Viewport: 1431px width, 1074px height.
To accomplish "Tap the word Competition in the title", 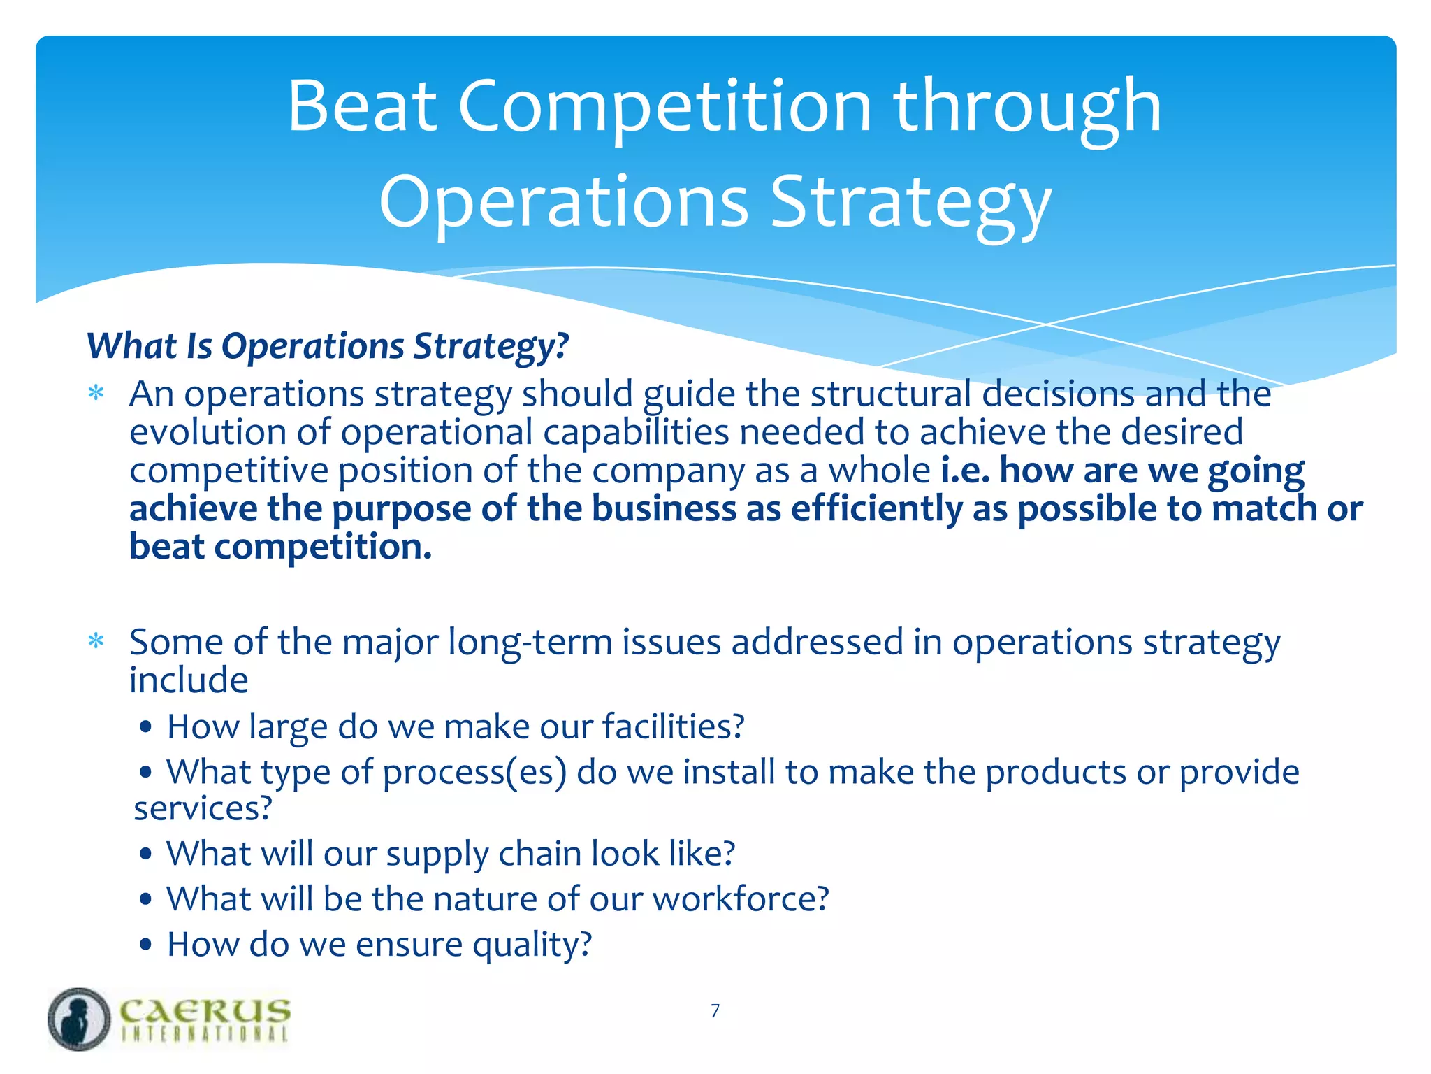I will [x=664, y=106].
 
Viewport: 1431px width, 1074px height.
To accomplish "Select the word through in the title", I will [x=1027, y=106].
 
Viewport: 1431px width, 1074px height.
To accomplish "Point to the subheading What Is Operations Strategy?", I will [x=327, y=345].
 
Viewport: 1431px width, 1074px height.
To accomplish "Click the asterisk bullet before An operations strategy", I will [x=96, y=393].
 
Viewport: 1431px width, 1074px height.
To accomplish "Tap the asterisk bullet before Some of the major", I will [x=96, y=640].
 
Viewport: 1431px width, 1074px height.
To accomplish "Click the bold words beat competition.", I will [x=280, y=546].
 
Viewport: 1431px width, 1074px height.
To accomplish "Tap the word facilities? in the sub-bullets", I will [x=673, y=726].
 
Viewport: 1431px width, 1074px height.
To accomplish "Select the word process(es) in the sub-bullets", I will [x=474, y=772].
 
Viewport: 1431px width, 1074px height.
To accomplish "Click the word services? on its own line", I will [x=202, y=808].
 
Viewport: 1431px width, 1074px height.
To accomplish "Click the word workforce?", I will [x=741, y=899].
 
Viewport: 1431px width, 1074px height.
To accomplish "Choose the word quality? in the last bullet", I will [x=532, y=945].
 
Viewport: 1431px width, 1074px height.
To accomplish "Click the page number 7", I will [x=715, y=1010].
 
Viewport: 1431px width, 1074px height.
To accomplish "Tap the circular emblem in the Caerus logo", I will [x=79, y=1019].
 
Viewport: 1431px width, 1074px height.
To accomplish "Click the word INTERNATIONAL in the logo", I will [x=204, y=1035].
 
